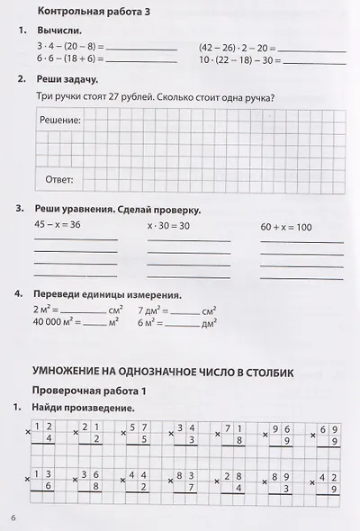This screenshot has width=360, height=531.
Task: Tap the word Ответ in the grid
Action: tap(58, 178)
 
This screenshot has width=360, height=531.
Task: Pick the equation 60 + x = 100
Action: tap(285, 227)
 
